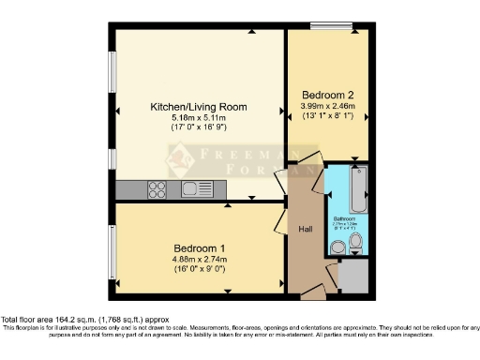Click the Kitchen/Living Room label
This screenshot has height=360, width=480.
pos(201,107)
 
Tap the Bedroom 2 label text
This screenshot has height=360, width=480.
pos(327,95)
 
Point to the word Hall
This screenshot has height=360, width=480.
pos(306,229)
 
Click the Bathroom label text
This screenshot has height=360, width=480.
pos(347,217)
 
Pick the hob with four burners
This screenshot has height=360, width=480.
pos(157,189)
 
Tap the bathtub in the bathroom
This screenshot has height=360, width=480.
pos(357,189)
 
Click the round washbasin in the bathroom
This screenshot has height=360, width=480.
pos(337,247)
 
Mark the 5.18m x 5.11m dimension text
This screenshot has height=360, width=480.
pos(201,119)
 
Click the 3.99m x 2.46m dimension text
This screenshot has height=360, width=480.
pos(328,106)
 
